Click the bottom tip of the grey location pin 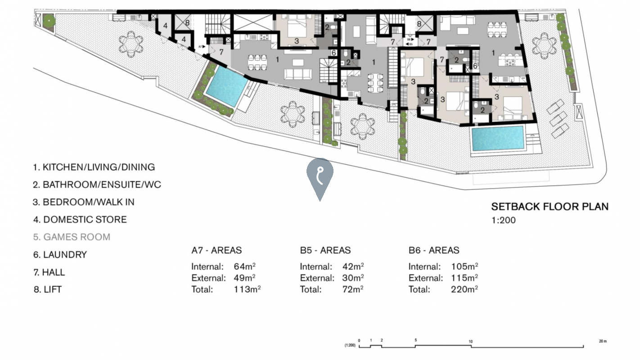pyautogui.click(x=320, y=201)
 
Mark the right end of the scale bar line pyautogui.click(x=583, y=347)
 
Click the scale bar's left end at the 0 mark pyautogui.click(x=359, y=347)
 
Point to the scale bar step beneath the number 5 pyautogui.click(x=415, y=346)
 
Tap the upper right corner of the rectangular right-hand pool pyautogui.click(x=525, y=126)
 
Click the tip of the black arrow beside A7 pyautogui.click(x=205, y=46)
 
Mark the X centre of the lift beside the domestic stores pyautogui.click(x=183, y=22)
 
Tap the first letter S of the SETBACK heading pyautogui.click(x=495, y=207)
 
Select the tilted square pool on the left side pyautogui.click(x=227, y=86)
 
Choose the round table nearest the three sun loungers pyautogui.click(x=544, y=45)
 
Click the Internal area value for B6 pyautogui.click(x=464, y=266)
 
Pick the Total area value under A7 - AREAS pyautogui.click(x=247, y=289)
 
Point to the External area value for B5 pyautogui.click(x=353, y=278)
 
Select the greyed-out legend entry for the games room pyautogui.click(x=72, y=237)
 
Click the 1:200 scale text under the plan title pyautogui.click(x=504, y=220)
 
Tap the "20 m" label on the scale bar pyautogui.click(x=603, y=341)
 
